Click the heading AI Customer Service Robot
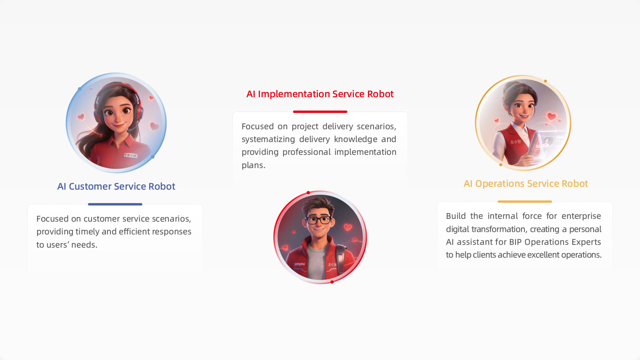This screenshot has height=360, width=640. [116, 186]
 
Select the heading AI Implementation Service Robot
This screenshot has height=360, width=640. [320, 94]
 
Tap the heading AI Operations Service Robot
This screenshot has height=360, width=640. [526, 184]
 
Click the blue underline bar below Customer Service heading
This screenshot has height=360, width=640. [115, 204]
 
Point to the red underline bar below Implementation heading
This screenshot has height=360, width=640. [320, 112]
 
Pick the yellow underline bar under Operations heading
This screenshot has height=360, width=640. [525, 202]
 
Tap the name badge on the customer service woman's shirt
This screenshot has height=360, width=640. [130, 156]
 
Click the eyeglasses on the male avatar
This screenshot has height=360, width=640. [318, 220]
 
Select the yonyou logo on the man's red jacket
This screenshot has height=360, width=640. [300, 264]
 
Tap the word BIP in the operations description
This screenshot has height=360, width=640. [516, 242]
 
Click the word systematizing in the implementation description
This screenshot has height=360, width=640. [268, 140]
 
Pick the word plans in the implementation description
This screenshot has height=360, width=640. [254, 165]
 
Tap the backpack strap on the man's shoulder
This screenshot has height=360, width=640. [340, 258]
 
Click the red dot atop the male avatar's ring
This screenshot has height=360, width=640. [308, 193]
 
